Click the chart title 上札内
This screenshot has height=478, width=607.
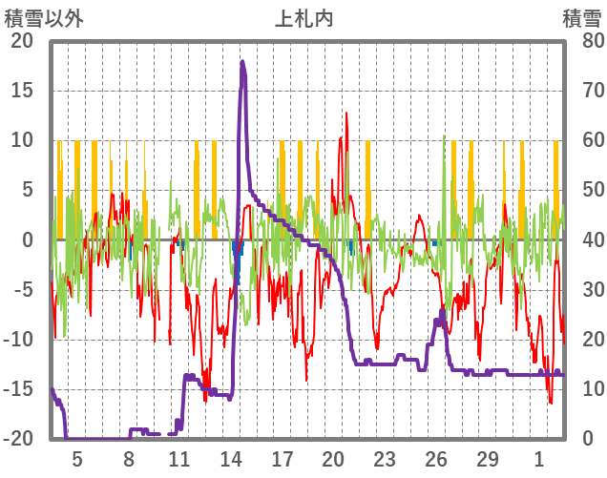pos(303,17)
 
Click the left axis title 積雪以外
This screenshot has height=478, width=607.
pos(44,17)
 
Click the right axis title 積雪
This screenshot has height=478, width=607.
pos(581,17)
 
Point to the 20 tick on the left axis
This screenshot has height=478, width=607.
pos(21,41)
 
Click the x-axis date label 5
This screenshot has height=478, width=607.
pos(77,459)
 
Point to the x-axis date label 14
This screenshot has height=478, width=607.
pos(231,459)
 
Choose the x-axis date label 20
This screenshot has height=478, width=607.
pos(333,459)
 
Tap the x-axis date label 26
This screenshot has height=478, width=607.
pos(436,459)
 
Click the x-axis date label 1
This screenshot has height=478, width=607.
pos(539,459)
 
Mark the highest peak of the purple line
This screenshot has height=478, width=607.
pos(242,62)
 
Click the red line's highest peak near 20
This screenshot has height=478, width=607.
pos(346,113)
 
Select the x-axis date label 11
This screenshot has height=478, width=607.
pos(179,459)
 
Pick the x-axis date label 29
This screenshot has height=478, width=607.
pos(488,459)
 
